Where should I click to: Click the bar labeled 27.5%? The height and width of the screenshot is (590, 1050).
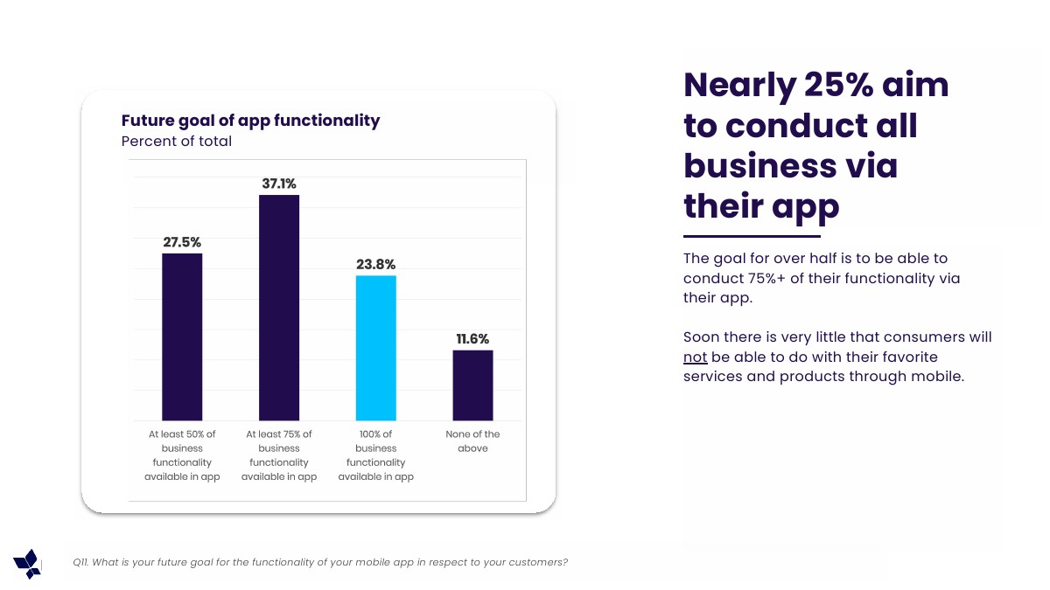[182, 337]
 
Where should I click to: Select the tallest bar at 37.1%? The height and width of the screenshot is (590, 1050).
[279, 308]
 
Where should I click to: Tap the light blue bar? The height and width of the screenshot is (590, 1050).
[375, 348]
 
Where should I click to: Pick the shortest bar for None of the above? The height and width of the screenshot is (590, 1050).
[472, 385]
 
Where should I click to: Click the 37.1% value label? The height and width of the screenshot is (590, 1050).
[279, 184]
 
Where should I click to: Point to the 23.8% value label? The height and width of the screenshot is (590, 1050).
[375, 264]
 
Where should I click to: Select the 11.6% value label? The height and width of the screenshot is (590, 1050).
[472, 339]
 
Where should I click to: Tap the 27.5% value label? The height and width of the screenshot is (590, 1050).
[182, 242]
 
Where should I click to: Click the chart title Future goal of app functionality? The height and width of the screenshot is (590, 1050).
[250, 121]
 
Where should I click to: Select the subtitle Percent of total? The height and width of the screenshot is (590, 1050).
[177, 142]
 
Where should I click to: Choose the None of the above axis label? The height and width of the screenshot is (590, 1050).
[472, 441]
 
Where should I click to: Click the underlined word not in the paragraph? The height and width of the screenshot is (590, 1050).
[695, 357]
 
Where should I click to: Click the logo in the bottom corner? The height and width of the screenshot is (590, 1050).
[27, 564]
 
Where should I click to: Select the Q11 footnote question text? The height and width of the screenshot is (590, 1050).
[320, 562]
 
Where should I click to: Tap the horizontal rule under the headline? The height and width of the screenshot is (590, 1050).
[752, 236]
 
